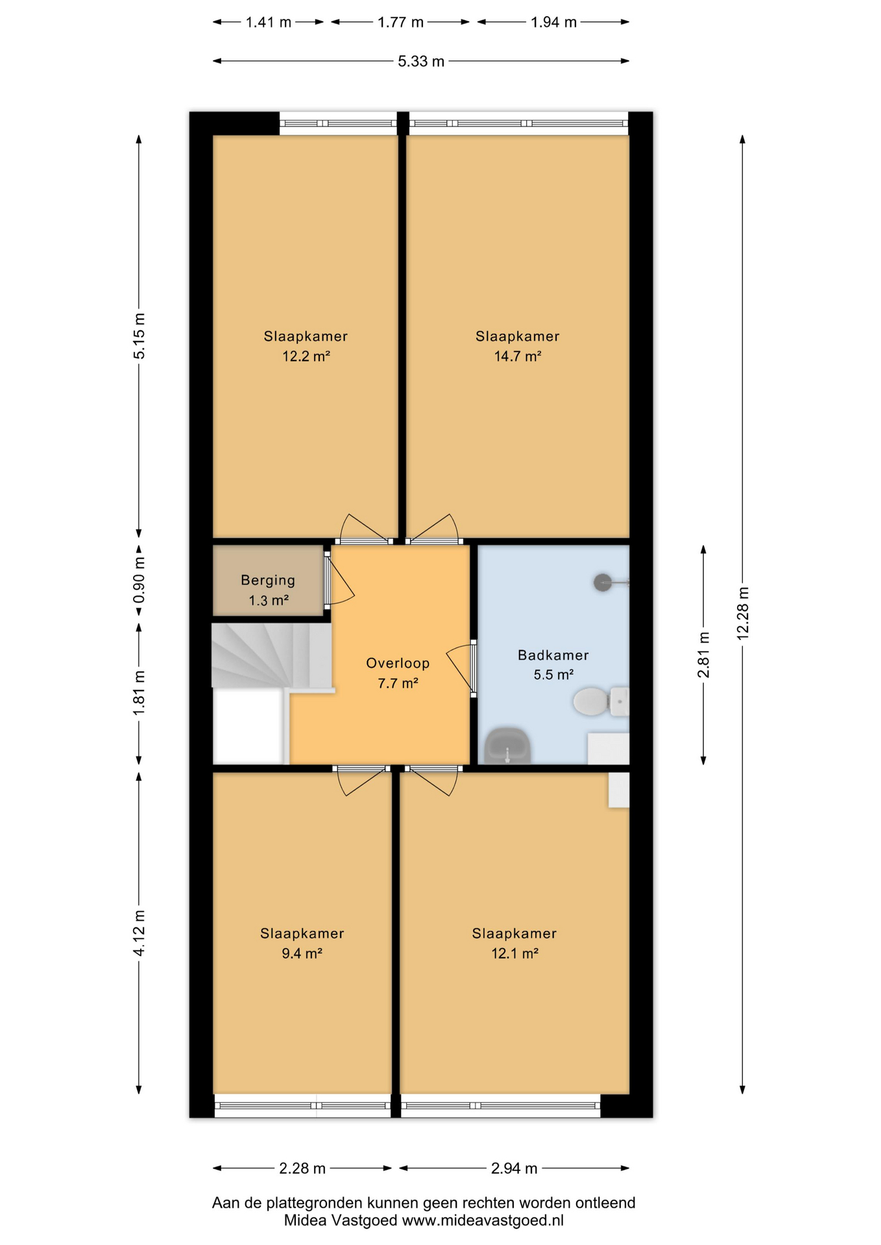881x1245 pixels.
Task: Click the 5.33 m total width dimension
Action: [x=420, y=62]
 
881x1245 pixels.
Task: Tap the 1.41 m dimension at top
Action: [x=268, y=23]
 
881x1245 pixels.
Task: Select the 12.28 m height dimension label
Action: [x=743, y=613]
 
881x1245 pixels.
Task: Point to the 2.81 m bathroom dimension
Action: [x=703, y=654]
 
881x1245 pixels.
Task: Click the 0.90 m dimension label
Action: [x=139, y=580]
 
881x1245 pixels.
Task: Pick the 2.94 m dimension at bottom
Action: [x=514, y=1168]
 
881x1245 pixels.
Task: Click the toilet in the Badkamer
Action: [x=598, y=702]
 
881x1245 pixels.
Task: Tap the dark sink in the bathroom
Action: [x=508, y=746]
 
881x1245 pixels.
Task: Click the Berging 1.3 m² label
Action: [x=268, y=589]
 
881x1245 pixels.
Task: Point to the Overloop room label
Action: [x=398, y=663]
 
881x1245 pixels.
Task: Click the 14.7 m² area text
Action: [x=517, y=356]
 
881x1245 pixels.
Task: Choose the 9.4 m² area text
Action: [x=302, y=953]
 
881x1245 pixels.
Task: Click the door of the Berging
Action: [x=339, y=581]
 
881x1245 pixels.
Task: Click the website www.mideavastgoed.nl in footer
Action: [x=483, y=1220]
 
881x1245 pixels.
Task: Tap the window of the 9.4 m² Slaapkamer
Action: [x=302, y=1106]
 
